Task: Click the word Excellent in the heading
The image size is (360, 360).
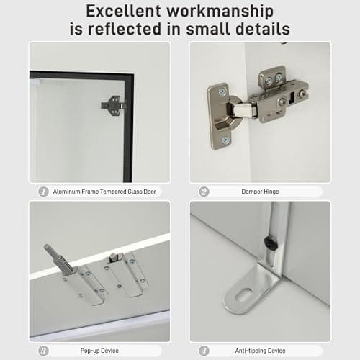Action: [x=123, y=11]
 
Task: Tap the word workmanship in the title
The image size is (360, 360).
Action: [x=220, y=12]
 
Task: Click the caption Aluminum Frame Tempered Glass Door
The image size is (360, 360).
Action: [x=104, y=192]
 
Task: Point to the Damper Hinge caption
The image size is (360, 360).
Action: [x=260, y=192]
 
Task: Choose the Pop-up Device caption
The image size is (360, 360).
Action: [x=99, y=351]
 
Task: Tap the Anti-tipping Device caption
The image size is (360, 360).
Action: [x=260, y=351]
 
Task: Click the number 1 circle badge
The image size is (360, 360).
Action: [x=43, y=192]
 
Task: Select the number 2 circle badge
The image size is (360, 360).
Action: [x=204, y=192]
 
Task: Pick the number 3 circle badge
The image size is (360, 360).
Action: [x=43, y=351]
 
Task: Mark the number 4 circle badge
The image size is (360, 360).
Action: [x=204, y=351]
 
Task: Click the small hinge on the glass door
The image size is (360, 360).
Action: [x=113, y=106]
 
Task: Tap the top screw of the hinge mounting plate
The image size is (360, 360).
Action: [x=222, y=91]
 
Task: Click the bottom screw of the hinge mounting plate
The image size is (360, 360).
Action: [x=225, y=140]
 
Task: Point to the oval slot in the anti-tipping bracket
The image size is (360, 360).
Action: [x=244, y=294]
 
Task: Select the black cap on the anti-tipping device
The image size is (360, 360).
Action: [x=271, y=243]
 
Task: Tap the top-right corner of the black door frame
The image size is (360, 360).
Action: [x=133, y=74]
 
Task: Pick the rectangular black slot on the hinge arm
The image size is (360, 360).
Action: [x=292, y=97]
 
